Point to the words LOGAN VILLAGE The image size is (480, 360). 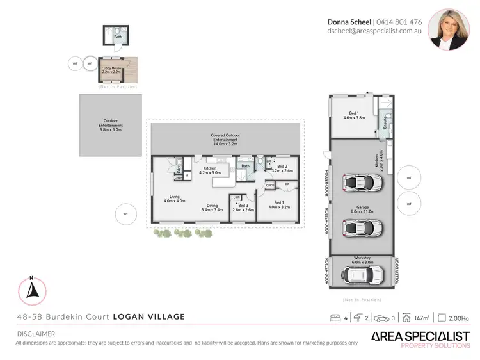coord(149,316)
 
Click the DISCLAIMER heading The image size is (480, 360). coord(35,334)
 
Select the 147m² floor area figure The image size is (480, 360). coord(420,317)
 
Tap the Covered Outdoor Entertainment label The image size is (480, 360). coord(225,140)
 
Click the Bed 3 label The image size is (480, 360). coord(243,207)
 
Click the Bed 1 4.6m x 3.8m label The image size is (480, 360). coord(353,116)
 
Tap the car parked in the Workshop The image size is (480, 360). coord(362,274)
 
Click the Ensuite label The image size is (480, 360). coord(384,126)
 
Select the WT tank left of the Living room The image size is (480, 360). coord(126,213)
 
